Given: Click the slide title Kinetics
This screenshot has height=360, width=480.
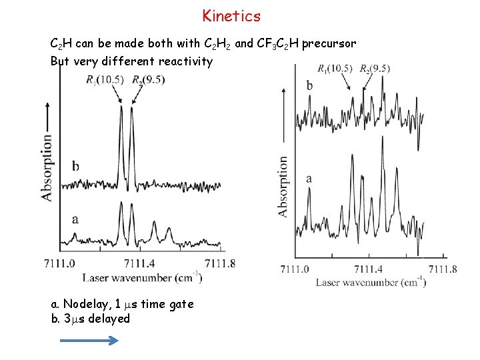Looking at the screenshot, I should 231,15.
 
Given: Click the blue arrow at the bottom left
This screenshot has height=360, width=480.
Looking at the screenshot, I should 89,340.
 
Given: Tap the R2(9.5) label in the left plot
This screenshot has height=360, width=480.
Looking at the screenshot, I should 148,80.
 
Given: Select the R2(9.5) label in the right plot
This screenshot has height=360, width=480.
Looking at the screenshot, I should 374,68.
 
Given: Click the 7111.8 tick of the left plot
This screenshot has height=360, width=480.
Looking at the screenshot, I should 221,263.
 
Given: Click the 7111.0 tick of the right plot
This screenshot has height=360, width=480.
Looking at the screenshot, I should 295,269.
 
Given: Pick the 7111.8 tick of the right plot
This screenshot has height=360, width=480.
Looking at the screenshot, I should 443,269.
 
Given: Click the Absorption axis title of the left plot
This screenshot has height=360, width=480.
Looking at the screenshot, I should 47,167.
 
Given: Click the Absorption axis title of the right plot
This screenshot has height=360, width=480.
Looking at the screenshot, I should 283,186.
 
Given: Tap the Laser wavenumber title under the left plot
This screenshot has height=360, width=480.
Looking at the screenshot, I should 142,277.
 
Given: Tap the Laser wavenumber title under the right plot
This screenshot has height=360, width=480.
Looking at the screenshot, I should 370,282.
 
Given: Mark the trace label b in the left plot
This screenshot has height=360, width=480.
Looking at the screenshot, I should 75,165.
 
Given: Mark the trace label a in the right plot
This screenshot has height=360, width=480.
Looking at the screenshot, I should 309,178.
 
